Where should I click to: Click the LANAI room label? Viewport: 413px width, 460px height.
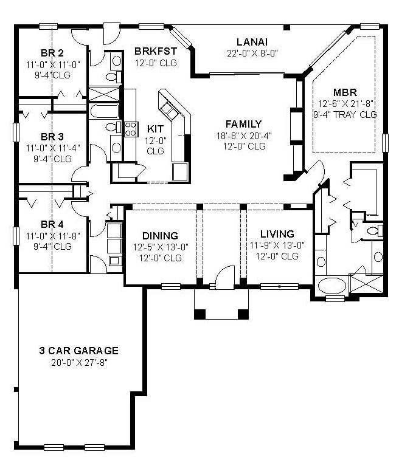click(252, 41)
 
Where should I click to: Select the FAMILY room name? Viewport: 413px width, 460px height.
click(243, 124)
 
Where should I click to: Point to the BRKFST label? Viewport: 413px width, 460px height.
click(156, 52)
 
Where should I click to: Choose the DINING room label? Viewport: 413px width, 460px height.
click(161, 235)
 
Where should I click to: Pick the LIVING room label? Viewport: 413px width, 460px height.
click(277, 234)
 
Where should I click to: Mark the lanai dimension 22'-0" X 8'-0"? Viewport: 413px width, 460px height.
click(252, 52)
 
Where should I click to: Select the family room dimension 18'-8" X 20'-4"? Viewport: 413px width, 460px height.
click(243, 136)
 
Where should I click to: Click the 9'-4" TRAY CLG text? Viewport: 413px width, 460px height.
click(345, 114)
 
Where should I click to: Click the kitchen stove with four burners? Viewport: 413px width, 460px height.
click(130, 128)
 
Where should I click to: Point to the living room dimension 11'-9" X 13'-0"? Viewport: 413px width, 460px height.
click(277, 245)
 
